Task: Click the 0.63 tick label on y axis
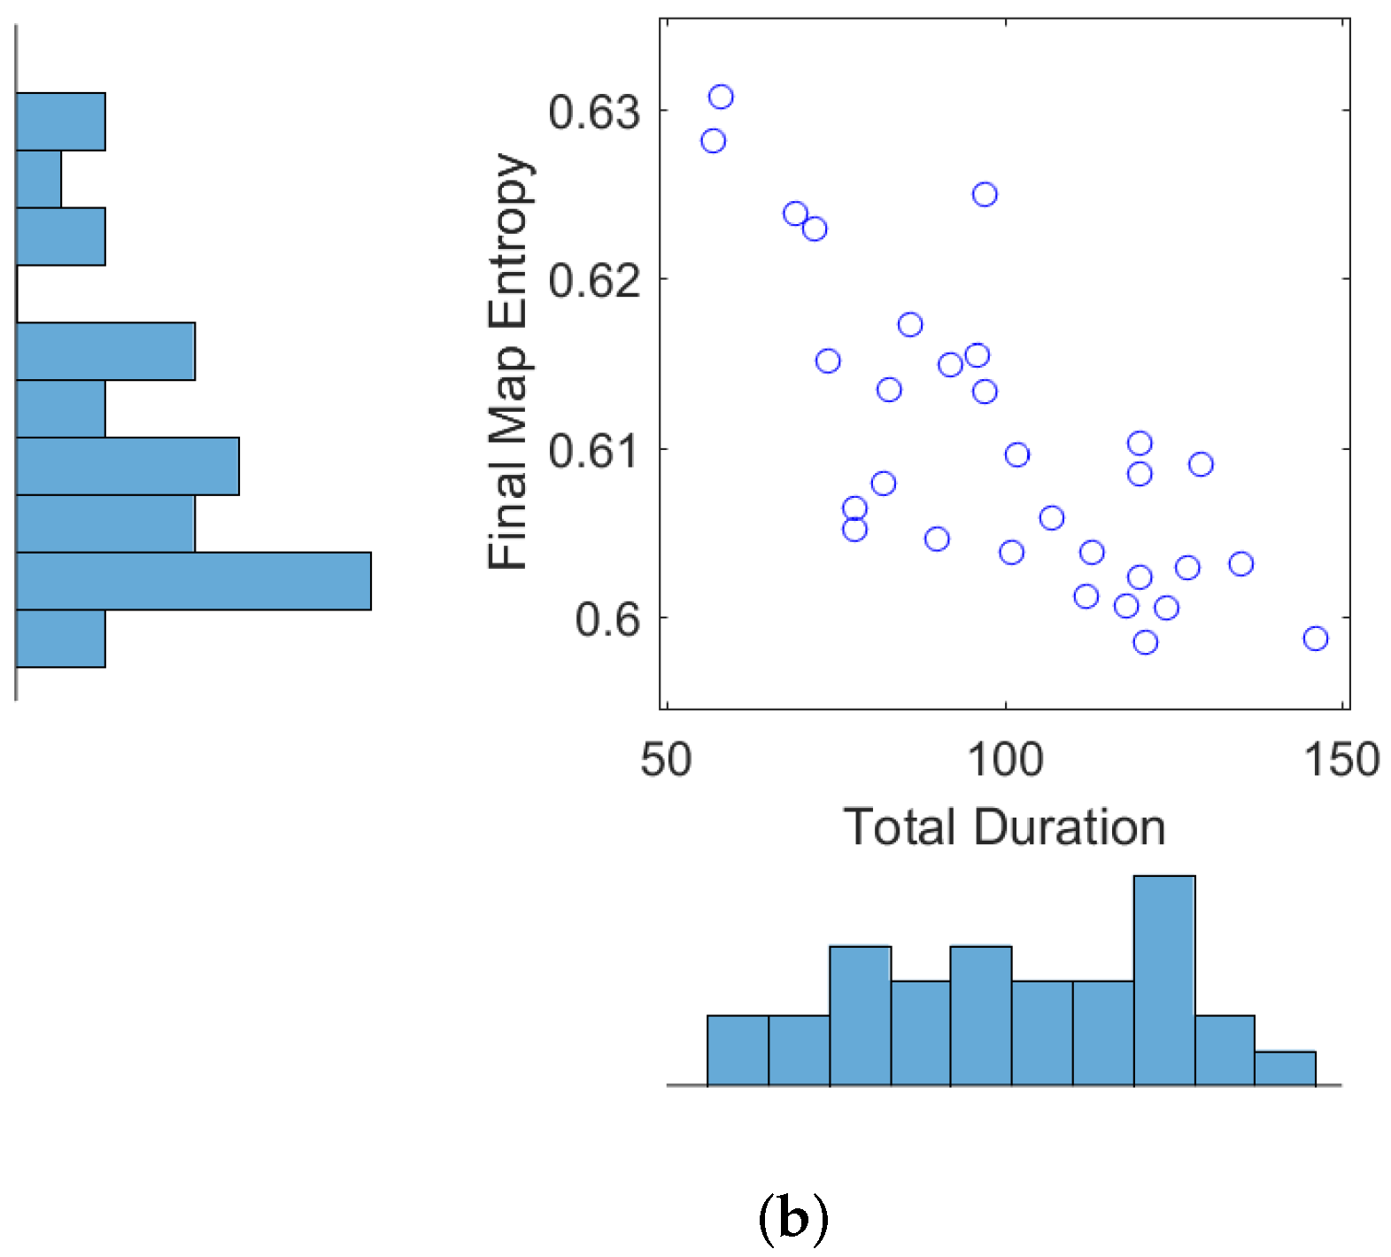tap(593, 113)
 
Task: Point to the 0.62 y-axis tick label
tap(593, 281)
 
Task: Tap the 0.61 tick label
tap(593, 451)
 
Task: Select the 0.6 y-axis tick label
tap(607, 619)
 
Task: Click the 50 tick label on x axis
tap(666, 760)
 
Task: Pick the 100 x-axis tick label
tap(1006, 760)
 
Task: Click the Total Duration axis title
tap(1004, 827)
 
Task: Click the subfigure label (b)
tap(793, 1219)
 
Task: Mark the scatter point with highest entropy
tap(722, 97)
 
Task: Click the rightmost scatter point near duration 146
tap(1316, 639)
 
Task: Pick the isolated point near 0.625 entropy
tap(985, 195)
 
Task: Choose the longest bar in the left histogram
tap(193, 581)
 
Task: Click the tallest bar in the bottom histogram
tap(1164, 981)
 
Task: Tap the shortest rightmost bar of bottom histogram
tap(1285, 1068)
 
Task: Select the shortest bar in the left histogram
tap(38, 179)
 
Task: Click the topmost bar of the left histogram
tap(60, 121)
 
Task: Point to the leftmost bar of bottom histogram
tap(738, 1051)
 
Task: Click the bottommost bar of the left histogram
tap(60, 639)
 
